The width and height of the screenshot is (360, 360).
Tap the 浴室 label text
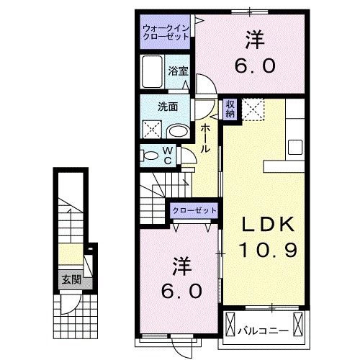(178, 71)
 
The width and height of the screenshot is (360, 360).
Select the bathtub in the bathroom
(153, 72)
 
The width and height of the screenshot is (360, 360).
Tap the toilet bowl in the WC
(150, 155)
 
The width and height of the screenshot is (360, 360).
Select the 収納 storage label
(230, 109)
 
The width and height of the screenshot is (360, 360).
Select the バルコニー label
(264, 332)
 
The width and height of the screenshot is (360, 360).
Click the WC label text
(167, 155)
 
